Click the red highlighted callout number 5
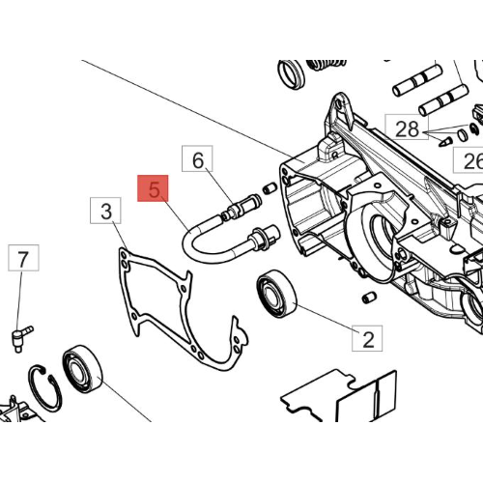pyautogui.click(x=153, y=188)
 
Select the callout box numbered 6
pyautogui.click(x=197, y=158)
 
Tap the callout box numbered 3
pyautogui.click(x=105, y=211)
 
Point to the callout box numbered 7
pyautogui.click(x=23, y=258)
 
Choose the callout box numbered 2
pyautogui.click(x=367, y=338)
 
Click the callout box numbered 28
pyautogui.click(x=407, y=127)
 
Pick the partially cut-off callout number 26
pyautogui.click(x=469, y=160)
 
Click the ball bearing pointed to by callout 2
pyautogui.click(x=276, y=294)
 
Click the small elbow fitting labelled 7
pyautogui.click(x=21, y=338)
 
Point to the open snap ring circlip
pyautogui.click(x=44, y=388)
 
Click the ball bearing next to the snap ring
pyautogui.click(x=82, y=369)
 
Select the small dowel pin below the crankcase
pyautogui.click(x=369, y=297)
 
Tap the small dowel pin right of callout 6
pyautogui.click(x=270, y=188)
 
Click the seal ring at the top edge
pyautogui.click(x=291, y=74)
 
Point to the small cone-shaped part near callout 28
pyautogui.click(x=445, y=142)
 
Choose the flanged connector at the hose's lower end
pyautogui.click(x=264, y=238)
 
